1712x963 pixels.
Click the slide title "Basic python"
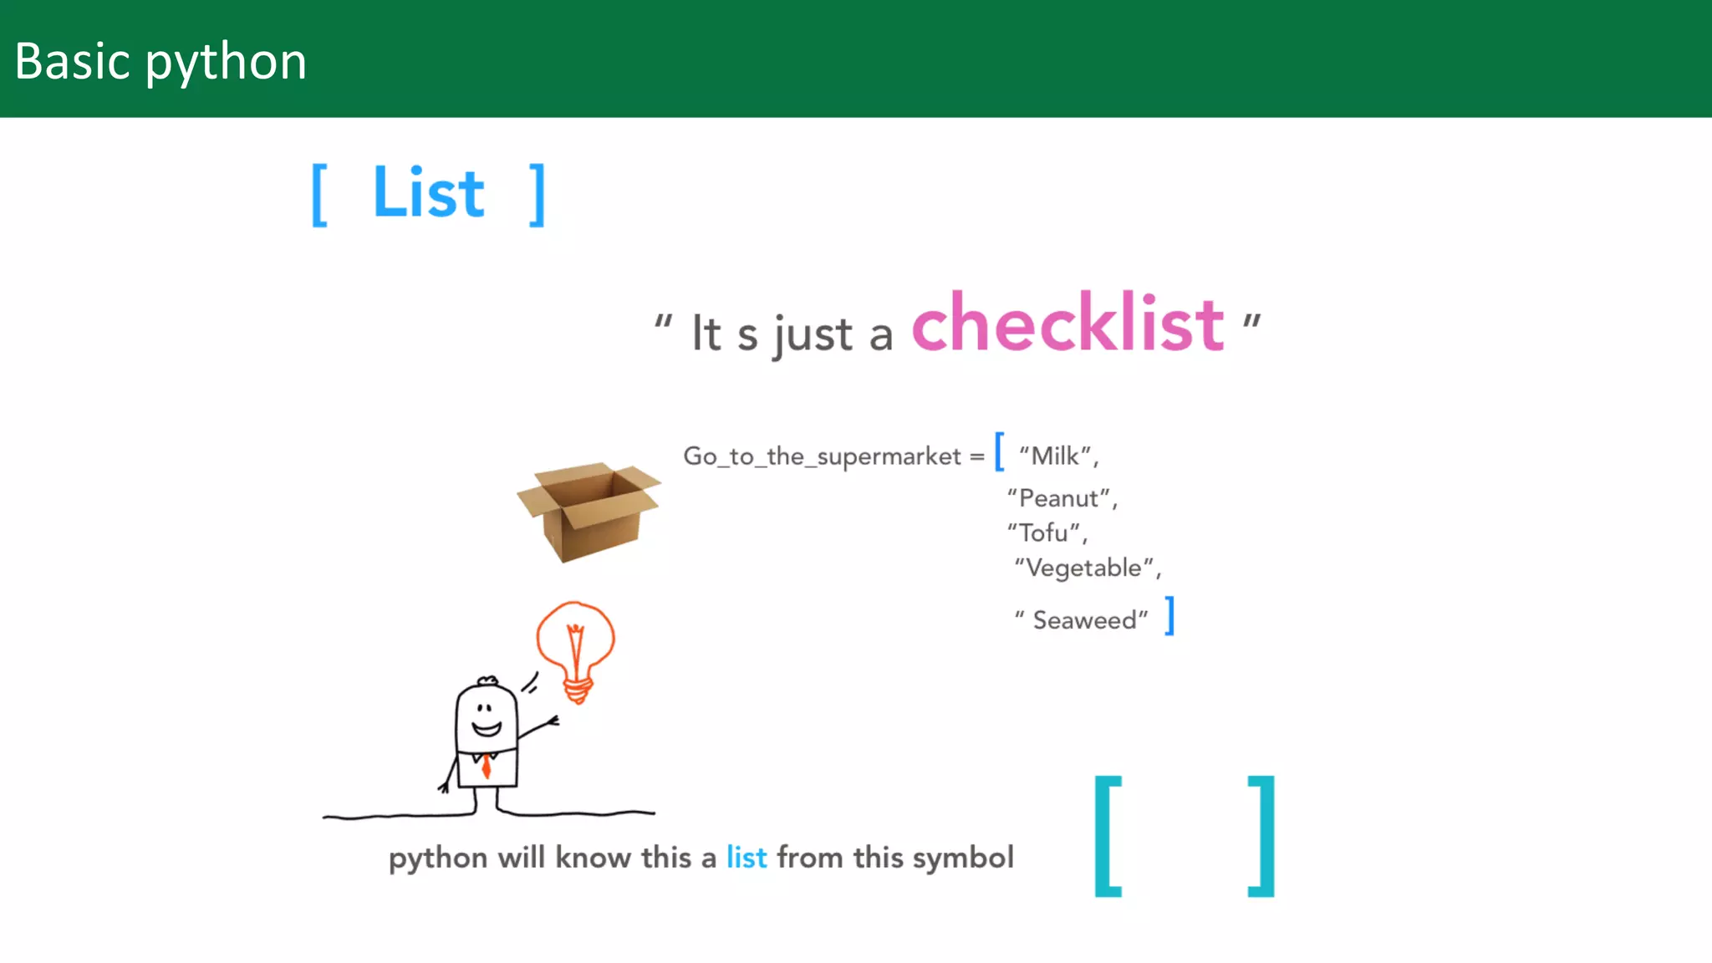tap(160, 62)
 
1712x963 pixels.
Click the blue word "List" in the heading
tap(428, 193)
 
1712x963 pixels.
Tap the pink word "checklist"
tap(1067, 324)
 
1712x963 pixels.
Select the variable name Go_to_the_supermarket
tap(822, 456)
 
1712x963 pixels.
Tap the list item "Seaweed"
tap(1084, 620)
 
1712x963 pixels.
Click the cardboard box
tap(589, 510)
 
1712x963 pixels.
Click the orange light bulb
tap(575, 648)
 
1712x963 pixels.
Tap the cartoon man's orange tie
tap(486, 764)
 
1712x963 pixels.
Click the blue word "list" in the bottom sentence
tap(746, 858)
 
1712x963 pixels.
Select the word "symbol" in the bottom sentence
tap(963, 859)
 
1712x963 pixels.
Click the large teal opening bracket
tap(1108, 836)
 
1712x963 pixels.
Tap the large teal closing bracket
tap(1261, 836)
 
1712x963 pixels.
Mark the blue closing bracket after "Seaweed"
tap(1170, 616)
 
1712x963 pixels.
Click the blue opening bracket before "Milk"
tap(999, 451)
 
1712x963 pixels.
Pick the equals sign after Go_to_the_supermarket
tap(976, 457)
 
